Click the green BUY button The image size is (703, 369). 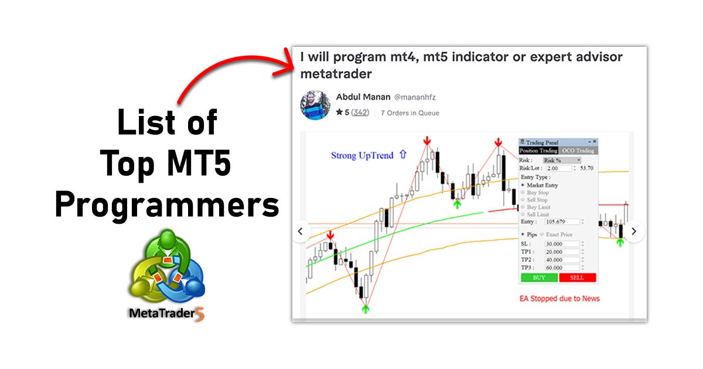[x=539, y=278]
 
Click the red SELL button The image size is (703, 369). [x=577, y=278]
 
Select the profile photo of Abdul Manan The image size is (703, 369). [x=315, y=105]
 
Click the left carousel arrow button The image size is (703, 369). [x=301, y=231]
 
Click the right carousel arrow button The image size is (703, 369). [x=633, y=231]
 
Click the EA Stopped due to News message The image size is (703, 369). [x=559, y=298]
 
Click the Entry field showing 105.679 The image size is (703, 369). [x=561, y=222]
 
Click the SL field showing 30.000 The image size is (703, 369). [x=561, y=244]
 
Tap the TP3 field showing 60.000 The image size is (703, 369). [x=561, y=267]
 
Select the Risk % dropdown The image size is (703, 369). [x=561, y=160]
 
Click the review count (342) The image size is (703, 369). [x=360, y=112]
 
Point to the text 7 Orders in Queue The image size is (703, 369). [x=409, y=113]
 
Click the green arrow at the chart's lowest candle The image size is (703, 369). [x=366, y=307]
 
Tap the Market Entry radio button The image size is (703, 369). [x=523, y=185]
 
